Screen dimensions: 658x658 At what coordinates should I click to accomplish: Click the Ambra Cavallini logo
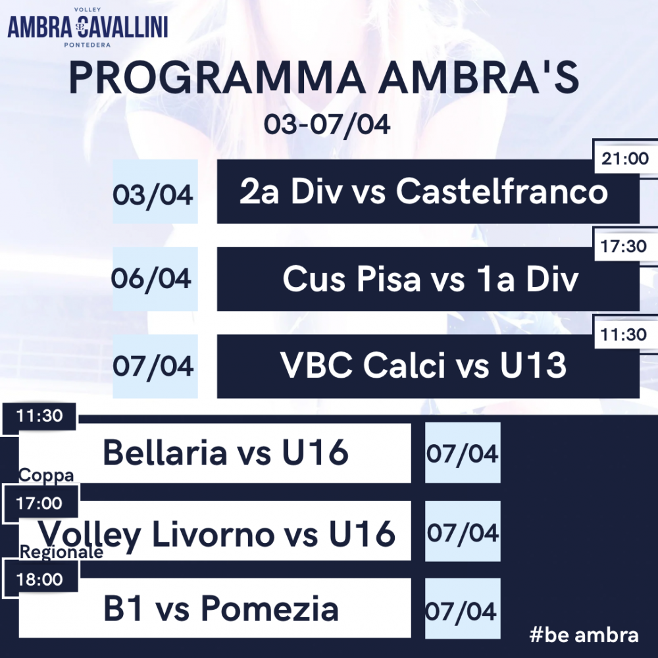[x=88, y=27]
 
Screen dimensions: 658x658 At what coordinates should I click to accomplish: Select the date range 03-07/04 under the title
[x=327, y=124]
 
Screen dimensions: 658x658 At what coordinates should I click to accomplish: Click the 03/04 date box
[x=155, y=191]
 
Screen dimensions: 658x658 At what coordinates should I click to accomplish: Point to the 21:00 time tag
[x=625, y=158]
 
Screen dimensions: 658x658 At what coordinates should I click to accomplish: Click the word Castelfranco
[x=502, y=191]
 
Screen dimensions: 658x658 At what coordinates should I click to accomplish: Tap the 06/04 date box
[x=155, y=278]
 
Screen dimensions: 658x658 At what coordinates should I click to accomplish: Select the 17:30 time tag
[x=624, y=246]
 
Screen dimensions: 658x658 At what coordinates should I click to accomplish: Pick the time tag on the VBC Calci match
[x=624, y=334]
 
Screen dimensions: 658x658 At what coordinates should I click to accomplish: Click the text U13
[x=534, y=365]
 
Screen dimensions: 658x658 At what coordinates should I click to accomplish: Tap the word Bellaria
[x=165, y=453]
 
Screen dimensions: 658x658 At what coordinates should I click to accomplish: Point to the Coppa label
[x=46, y=475]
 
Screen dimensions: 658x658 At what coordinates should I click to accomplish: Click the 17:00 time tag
[x=39, y=503]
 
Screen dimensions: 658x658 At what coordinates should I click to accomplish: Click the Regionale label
[x=61, y=552]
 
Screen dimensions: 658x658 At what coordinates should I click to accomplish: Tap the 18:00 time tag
[x=40, y=580]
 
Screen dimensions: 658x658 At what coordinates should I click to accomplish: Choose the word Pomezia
[x=270, y=609]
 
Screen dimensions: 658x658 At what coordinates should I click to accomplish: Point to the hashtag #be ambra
[x=584, y=635]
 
